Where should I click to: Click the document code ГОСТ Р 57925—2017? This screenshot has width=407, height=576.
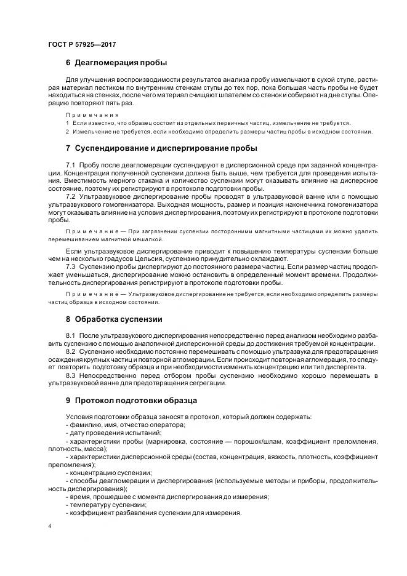82,44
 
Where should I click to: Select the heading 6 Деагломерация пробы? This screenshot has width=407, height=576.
116,63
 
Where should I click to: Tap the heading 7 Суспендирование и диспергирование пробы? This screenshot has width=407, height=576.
161,149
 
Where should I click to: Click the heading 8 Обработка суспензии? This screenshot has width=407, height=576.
114,319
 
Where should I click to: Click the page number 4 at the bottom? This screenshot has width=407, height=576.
50,526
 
